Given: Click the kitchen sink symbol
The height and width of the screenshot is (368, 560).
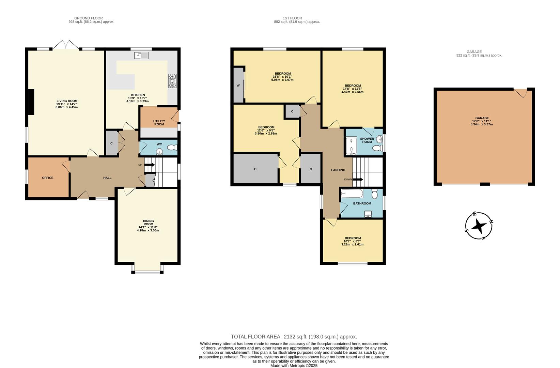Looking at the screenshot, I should pyautogui.click(x=141, y=55).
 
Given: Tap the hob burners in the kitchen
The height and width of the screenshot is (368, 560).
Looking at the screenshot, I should pyautogui.click(x=172, y=81).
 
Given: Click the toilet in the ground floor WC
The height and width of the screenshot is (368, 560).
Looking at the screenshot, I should pyautogui.click(x=172, y=148).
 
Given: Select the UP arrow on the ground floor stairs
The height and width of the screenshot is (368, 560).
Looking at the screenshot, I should pyautogui.click(x=149, y=165).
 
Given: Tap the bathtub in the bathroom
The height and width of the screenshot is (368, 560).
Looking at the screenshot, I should pyautogui.click(x=352, y=194).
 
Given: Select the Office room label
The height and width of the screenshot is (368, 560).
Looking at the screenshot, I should pyautogui.click(x=48, y=178).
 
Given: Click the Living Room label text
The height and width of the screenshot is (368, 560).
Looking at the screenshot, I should pyautogui.click(x=67, y=101).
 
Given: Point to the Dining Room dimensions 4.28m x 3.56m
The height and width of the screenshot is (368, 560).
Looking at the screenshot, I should pyautogui.click(x=148, y=230).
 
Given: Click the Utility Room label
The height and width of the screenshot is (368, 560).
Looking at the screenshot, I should pyautogui.click(x=159, y=123).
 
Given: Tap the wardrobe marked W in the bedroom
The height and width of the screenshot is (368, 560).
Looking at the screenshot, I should pyautogui.click(x=238, y=85).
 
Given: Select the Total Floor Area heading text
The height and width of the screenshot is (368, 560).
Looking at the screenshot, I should pyautogui.click(x=294, y=337).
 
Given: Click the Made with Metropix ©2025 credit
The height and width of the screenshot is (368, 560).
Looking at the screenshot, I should pyautogui.click(x=294, y=366).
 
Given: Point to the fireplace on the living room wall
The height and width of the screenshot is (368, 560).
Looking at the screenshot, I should pyautogui.click(x=31, y=102).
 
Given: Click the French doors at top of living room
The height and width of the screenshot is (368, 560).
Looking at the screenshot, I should pyautogui.click(x=66, y=46).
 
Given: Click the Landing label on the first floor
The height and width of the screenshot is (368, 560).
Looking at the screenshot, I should pyautogui.click(x=338, y=170).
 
